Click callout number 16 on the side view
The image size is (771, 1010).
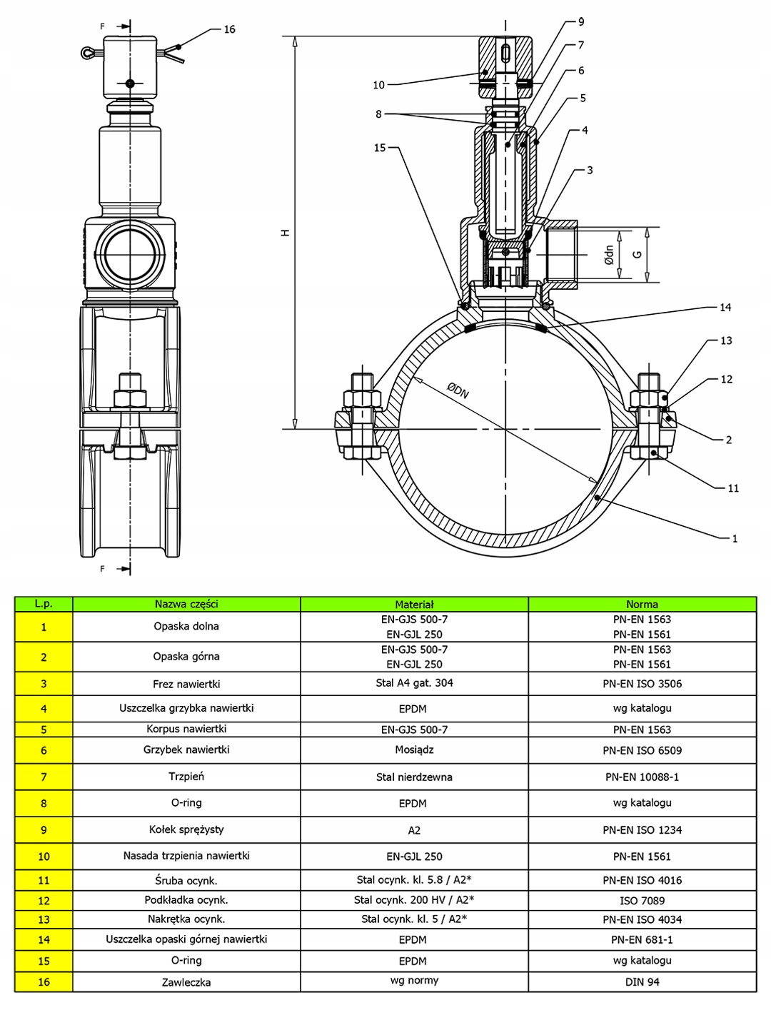[229, 29]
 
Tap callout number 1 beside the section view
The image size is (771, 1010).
[735, 539]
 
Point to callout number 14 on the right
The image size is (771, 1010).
[725, 308]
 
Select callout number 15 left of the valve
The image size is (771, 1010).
[380, 148]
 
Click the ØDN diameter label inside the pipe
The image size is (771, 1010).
[458, 391]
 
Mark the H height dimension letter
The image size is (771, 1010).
[286, 233]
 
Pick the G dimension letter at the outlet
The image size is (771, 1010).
[638, 254]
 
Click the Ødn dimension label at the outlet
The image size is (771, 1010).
[609, 255]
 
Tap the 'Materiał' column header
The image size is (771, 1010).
[414, 605]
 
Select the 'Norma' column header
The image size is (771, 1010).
[642, 605]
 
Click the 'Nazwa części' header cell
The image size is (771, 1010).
[186, 605]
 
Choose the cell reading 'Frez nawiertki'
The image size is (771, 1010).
[186, 684]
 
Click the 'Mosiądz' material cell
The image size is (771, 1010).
[414, 750]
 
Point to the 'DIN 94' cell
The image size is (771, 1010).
[642, 982]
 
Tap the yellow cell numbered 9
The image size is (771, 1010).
[44, 830]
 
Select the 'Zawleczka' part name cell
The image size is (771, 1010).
[186, 982]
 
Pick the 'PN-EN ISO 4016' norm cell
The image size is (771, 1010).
[642, 880]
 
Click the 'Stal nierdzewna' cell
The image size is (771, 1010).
[414, 777]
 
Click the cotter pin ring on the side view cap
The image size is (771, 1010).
[88, 52]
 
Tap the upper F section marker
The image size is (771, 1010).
[103, 26]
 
